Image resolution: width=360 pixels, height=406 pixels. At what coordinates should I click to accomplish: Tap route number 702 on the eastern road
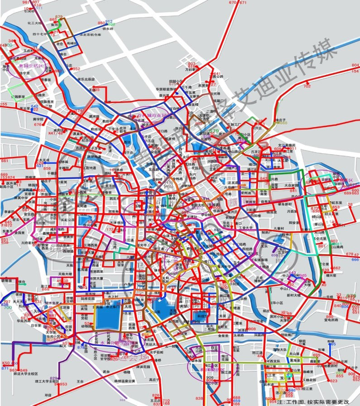307,86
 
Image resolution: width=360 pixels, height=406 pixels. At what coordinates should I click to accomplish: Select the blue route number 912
109,21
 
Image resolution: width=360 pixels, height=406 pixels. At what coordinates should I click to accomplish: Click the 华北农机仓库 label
91,34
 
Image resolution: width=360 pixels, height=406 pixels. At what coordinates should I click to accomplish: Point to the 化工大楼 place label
35,23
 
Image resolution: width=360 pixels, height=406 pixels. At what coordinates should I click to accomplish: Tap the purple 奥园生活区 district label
31,66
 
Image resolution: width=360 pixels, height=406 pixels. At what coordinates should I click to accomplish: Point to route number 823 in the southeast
333,381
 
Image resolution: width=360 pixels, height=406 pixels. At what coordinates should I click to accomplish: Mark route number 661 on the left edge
5,161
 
